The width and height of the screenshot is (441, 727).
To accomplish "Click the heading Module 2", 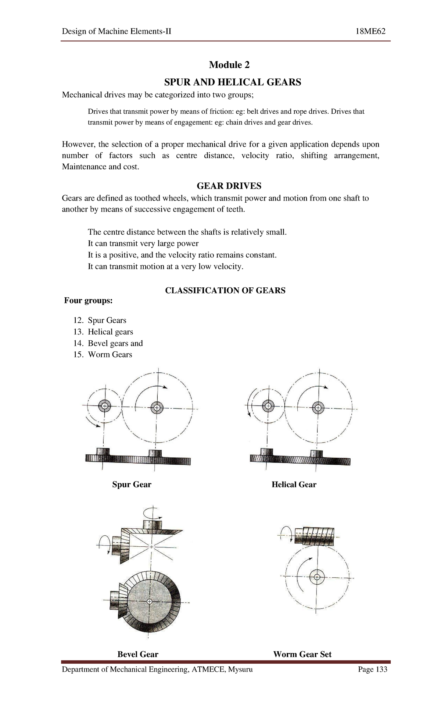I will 229,65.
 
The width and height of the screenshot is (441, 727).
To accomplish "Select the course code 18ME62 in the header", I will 370,32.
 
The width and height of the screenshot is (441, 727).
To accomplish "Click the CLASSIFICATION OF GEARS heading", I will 225,291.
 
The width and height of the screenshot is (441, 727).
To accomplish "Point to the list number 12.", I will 79,320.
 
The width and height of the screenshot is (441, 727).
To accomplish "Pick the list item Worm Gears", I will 110,355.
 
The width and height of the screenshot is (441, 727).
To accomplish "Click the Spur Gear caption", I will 132,485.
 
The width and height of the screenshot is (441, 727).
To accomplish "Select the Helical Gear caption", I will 294,485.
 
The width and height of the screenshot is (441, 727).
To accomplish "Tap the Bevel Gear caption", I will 137,655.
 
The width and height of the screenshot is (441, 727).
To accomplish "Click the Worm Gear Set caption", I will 302,655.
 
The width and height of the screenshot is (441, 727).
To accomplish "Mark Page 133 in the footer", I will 373,669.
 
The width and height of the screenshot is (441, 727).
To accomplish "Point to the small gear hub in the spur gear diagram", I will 105,406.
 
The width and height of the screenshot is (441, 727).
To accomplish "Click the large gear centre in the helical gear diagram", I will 318,407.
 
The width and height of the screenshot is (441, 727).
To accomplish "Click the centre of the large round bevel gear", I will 149,602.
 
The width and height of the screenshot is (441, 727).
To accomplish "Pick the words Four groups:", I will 88,301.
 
